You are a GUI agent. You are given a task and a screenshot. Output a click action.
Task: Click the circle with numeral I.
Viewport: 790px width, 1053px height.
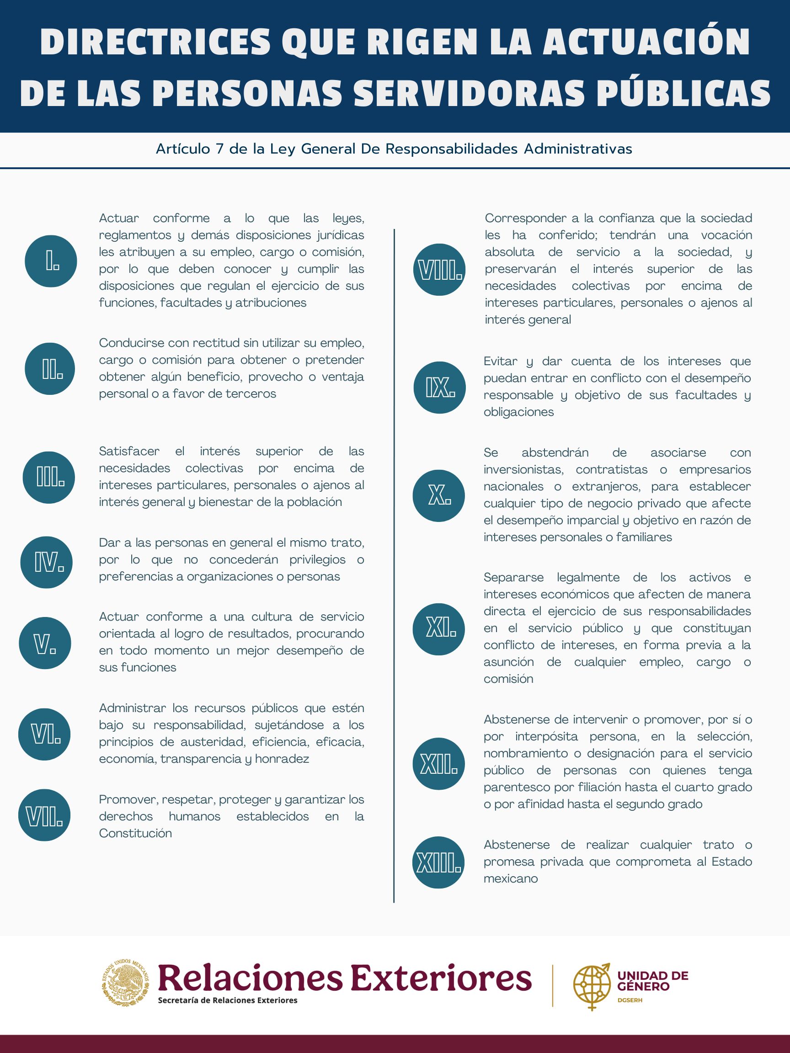(51, 261)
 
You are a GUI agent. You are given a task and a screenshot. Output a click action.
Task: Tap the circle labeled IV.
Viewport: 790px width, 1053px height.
(46, 562)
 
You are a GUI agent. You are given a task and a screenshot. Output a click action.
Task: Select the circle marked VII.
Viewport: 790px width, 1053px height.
(44, 815)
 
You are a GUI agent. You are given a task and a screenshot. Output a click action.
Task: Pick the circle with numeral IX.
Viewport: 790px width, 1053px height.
(439, 388)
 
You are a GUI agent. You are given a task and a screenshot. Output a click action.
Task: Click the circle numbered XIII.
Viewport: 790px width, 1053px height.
(438, 862)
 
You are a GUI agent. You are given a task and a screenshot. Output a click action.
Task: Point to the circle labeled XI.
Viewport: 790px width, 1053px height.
(438, 629)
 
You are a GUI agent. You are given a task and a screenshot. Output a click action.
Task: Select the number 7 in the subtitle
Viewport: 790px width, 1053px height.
(219, 149)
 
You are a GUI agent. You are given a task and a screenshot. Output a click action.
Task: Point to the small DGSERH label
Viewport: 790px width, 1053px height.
(630, 1000)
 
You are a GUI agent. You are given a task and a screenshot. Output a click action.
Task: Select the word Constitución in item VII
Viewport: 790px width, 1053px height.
(135, 833)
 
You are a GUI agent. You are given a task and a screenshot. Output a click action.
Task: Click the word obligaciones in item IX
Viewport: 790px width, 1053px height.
(518, 412)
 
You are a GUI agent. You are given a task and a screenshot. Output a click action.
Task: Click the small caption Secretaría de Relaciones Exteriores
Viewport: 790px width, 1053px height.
(228, 1000)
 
